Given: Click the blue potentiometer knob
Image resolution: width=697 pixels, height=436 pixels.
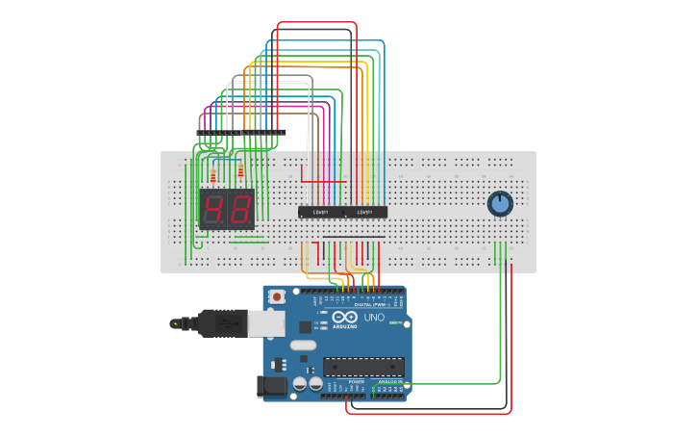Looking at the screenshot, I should click(x=500, y=203).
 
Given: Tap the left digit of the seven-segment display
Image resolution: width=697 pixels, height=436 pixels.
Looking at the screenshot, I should click(x=213, y=208).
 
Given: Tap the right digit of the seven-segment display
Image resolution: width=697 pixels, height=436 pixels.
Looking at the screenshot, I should click(x=240, y=208).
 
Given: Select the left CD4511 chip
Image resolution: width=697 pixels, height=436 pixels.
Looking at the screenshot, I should click(x=320, y=212).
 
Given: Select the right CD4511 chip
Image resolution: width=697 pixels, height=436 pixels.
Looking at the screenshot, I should click(x=365, y=212).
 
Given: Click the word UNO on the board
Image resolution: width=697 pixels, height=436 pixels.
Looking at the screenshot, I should click(x=374, y=318).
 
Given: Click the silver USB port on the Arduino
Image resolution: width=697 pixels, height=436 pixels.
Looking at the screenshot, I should click(x=265, y=323).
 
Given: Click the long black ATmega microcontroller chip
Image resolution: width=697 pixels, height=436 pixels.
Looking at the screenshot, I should click(x=363, y=367).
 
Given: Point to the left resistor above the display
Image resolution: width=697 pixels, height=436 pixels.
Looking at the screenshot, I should click(x=213, y=175).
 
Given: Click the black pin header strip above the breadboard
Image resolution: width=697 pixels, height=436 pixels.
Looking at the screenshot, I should click(x=240, y=133).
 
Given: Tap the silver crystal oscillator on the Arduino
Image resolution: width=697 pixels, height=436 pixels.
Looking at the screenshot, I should click(x=302, y=346).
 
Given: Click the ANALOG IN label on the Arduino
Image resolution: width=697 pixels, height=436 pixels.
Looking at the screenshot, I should click(x=390, y=382).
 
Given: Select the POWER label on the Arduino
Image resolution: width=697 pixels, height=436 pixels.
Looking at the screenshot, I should click(x=356, y=382).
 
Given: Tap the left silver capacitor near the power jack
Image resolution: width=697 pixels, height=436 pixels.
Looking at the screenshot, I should click(x=300, y=383).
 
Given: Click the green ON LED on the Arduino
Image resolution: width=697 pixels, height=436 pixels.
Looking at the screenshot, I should click(x=394, y=322).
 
